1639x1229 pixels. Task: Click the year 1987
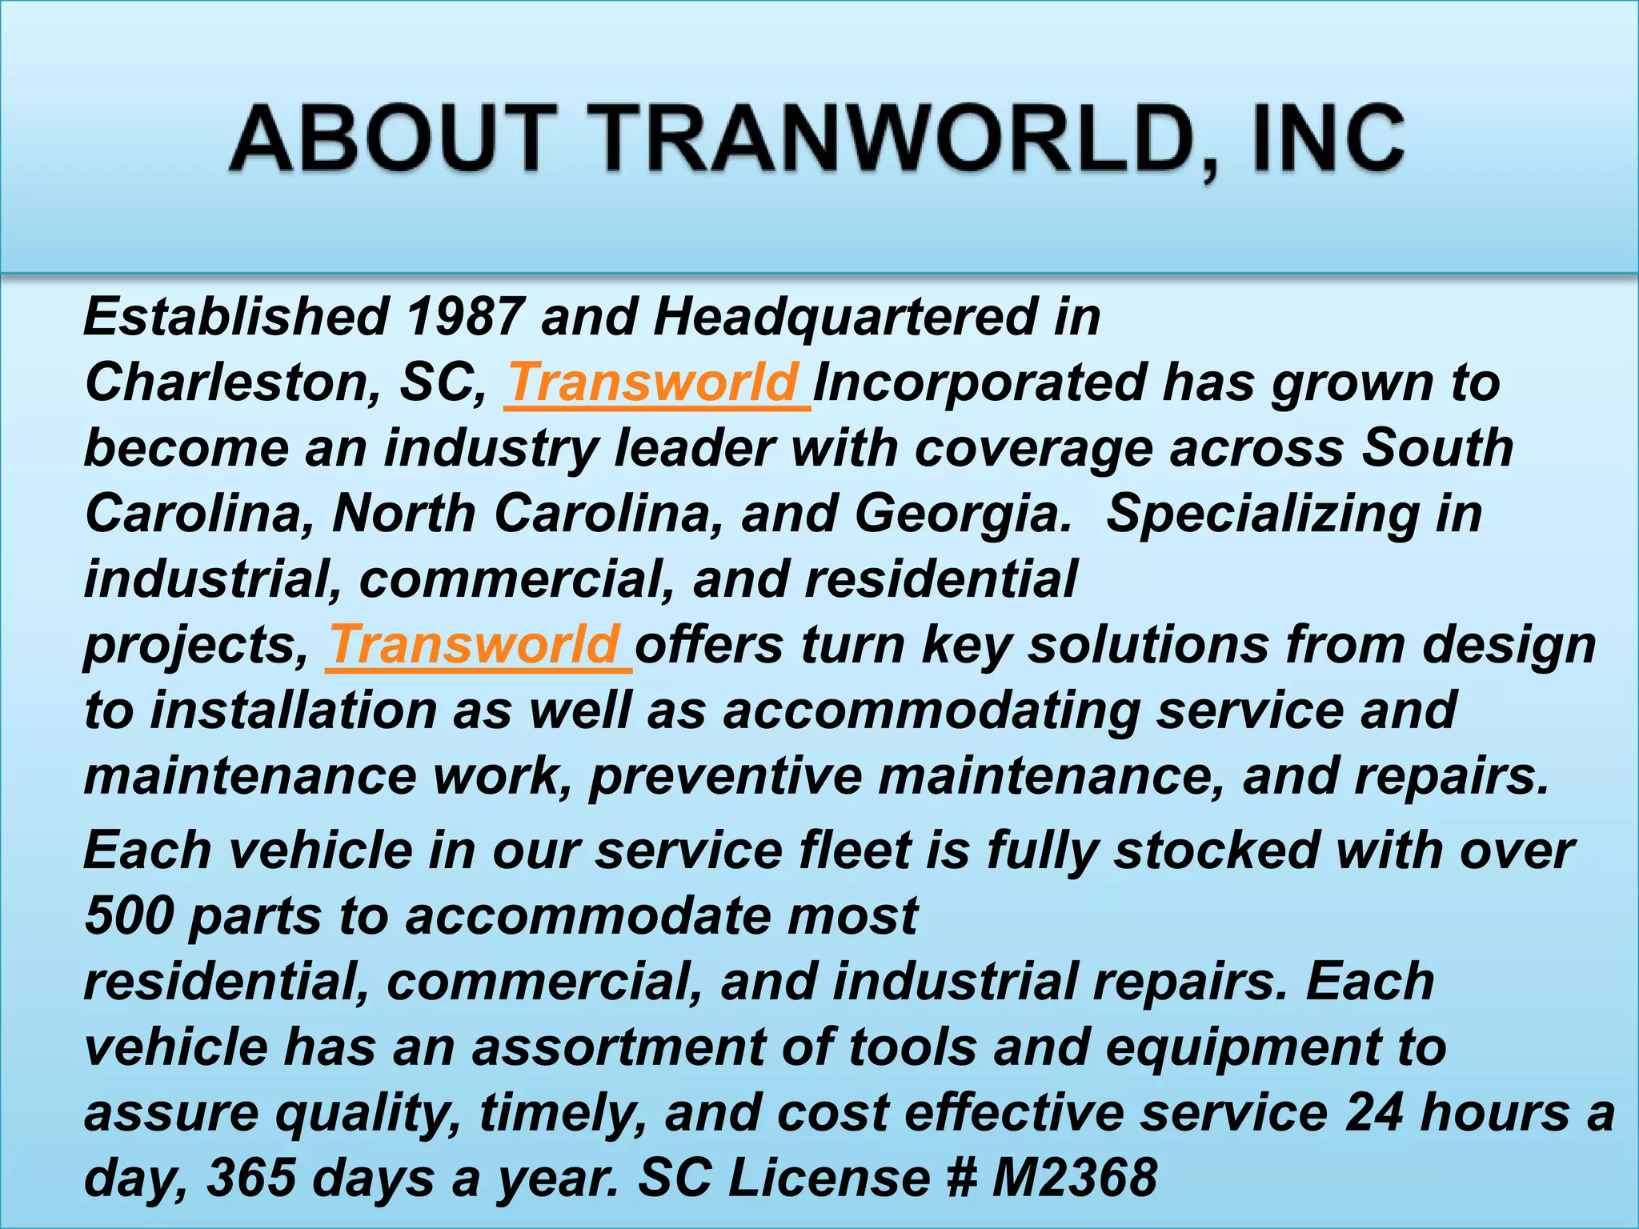point(466,317)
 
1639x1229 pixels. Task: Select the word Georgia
point(960,514)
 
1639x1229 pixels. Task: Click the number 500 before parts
point(128,915)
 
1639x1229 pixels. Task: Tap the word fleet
point(856,850)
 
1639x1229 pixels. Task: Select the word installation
point(292,711)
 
